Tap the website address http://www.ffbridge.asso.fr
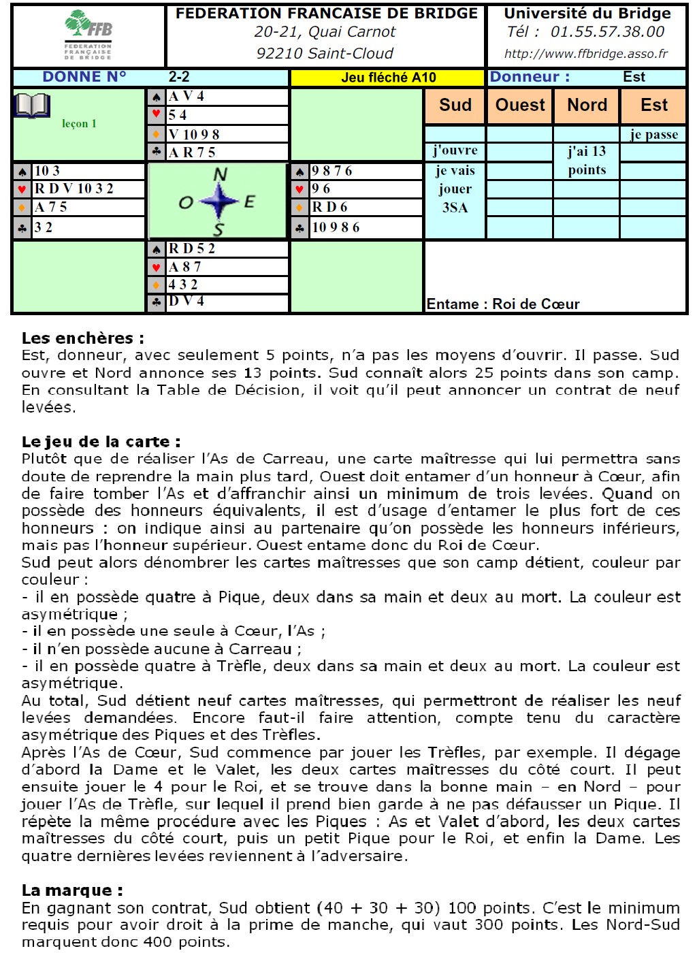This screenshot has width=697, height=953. click(x=585, y=54)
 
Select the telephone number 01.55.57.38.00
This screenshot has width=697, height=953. click(x=607, y=31)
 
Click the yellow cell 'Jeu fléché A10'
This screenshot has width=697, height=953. click(x=388, y=78)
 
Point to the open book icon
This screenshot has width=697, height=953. click(x=31, y=106)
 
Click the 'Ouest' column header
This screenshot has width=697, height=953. click(x=520, y=105)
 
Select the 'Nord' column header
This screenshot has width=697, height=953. click(x=587, y=105)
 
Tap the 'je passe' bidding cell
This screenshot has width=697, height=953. click(x=653, y=134)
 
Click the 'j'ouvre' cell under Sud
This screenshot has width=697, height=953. click(x=455, y=150)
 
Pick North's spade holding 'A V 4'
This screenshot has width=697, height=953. click(x=187, y=97)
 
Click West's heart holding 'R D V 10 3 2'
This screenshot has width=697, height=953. click(x=74, y=189)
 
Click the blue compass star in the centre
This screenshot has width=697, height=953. click(x=218, y=201)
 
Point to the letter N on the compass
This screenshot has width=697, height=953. click(x=220, y=174)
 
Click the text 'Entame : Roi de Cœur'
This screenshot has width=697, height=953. click(x=503, y=304)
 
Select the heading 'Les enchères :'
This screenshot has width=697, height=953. click(x=82, y=338)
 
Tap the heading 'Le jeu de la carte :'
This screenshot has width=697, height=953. click(x=101, y=441)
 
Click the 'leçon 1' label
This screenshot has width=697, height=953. click(x=79, y=123)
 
